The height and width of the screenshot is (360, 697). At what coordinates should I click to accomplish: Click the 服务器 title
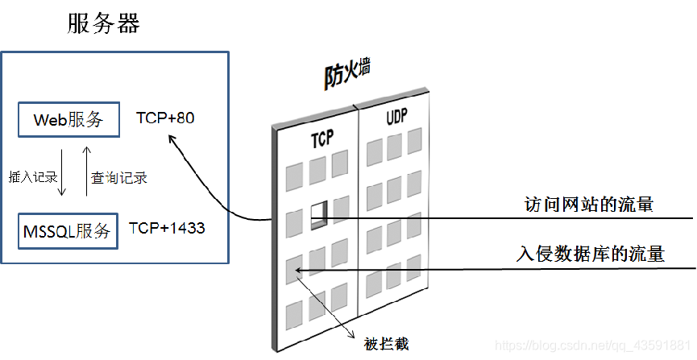(104, 23)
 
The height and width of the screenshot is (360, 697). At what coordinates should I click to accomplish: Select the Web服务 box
(68, 120)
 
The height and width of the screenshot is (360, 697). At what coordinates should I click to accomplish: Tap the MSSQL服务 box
(68, 230)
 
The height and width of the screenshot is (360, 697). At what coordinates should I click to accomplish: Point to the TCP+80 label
(165, 118)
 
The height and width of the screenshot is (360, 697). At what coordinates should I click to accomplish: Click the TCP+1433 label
(167, 228)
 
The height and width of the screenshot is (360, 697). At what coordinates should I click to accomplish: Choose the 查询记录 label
(119, 177)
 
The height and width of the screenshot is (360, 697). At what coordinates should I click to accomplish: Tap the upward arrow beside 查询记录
(86, 173)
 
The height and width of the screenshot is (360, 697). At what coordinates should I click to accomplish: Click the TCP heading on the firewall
(322, 141)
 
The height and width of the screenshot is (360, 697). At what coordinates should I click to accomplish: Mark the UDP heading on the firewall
(396, 118)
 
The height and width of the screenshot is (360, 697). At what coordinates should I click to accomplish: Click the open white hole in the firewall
(320, 212)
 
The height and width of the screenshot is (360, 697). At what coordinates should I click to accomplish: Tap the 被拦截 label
(386, 345)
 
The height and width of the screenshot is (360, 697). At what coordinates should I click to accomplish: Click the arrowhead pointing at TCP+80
(170, 139)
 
